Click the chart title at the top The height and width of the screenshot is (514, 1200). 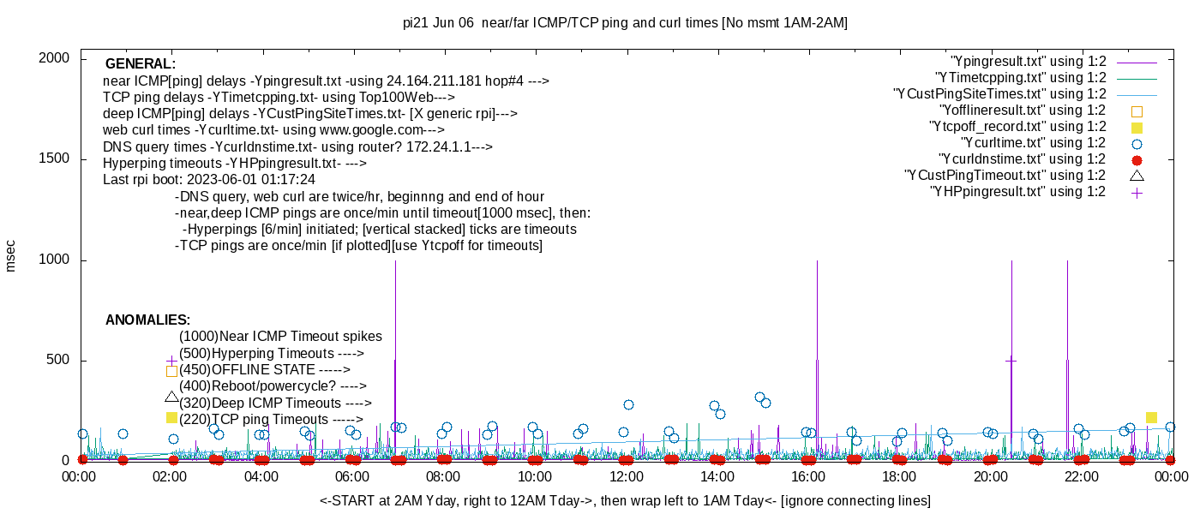(x=625, y=23)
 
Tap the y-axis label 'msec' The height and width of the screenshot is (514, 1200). (x=10, y=256)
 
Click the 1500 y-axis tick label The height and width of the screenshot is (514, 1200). (x=54, y=158)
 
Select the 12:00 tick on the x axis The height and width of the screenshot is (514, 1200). (x=627, y=476)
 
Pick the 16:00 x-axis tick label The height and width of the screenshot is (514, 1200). (x=808, y=476)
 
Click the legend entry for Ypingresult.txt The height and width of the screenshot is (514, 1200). (x=1028, y=62)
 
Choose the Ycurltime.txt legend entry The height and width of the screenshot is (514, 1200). (x=1034, y=144)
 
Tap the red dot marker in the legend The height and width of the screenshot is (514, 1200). (x=1137, y=160)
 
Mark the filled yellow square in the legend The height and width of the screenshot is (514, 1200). (x=1137, y=128)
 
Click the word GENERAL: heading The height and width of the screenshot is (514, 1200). (x=141, y=63)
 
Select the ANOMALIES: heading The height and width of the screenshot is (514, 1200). (x=147, y=320)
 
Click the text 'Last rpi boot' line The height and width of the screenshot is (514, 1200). (x=209, y=179)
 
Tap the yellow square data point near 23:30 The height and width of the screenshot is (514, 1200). (x=1151, y=418)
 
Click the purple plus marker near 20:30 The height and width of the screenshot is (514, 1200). (x=1011, y=362)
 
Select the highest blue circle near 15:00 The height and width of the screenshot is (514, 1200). (x=759, y=397)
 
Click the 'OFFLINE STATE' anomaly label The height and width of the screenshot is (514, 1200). (x=263, y=370)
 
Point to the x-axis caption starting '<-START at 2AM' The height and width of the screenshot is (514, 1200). (x=625, y=500)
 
